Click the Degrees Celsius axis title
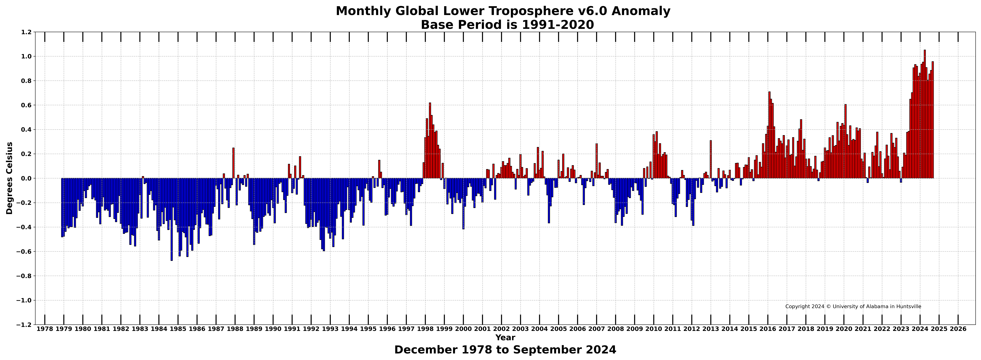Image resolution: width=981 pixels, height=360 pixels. click(10, 178)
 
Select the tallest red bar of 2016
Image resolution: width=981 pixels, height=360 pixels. click(769, 135)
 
